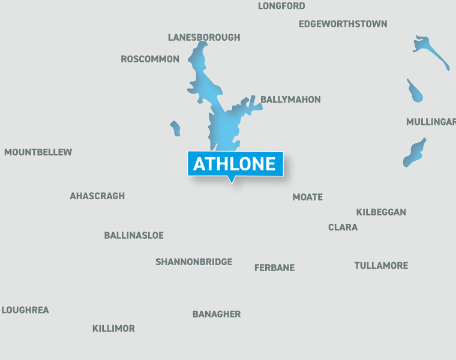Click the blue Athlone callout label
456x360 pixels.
(x=235, y=164)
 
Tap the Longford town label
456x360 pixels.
(x=281, y=6)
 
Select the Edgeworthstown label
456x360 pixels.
(x=343, y=24)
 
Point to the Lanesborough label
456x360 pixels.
(x=204, y=37)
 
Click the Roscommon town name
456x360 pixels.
(x=150, y=59)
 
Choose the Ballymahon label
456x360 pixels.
(x=290, y=100)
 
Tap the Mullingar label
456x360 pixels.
(x=431, y=122)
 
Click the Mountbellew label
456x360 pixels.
(x=38, y=152)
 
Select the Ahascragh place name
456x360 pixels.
(x=97, y=196)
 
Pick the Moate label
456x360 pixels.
(x=307, y=197)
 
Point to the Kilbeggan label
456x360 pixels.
(x=381, y=212)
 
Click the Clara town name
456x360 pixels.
(x=343, y=227)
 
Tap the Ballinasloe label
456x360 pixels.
(x=134, y=235)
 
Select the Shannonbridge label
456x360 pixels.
(x=194, y=262)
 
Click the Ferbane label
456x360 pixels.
(x=274, y=268)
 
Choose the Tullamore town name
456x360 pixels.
(x=381, y=265)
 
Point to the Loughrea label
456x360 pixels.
(x=25, y=310)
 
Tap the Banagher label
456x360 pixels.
(x=217, y=314)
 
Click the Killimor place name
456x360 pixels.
(x=113, y=329)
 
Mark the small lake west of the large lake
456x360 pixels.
(x=175, y=128)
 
